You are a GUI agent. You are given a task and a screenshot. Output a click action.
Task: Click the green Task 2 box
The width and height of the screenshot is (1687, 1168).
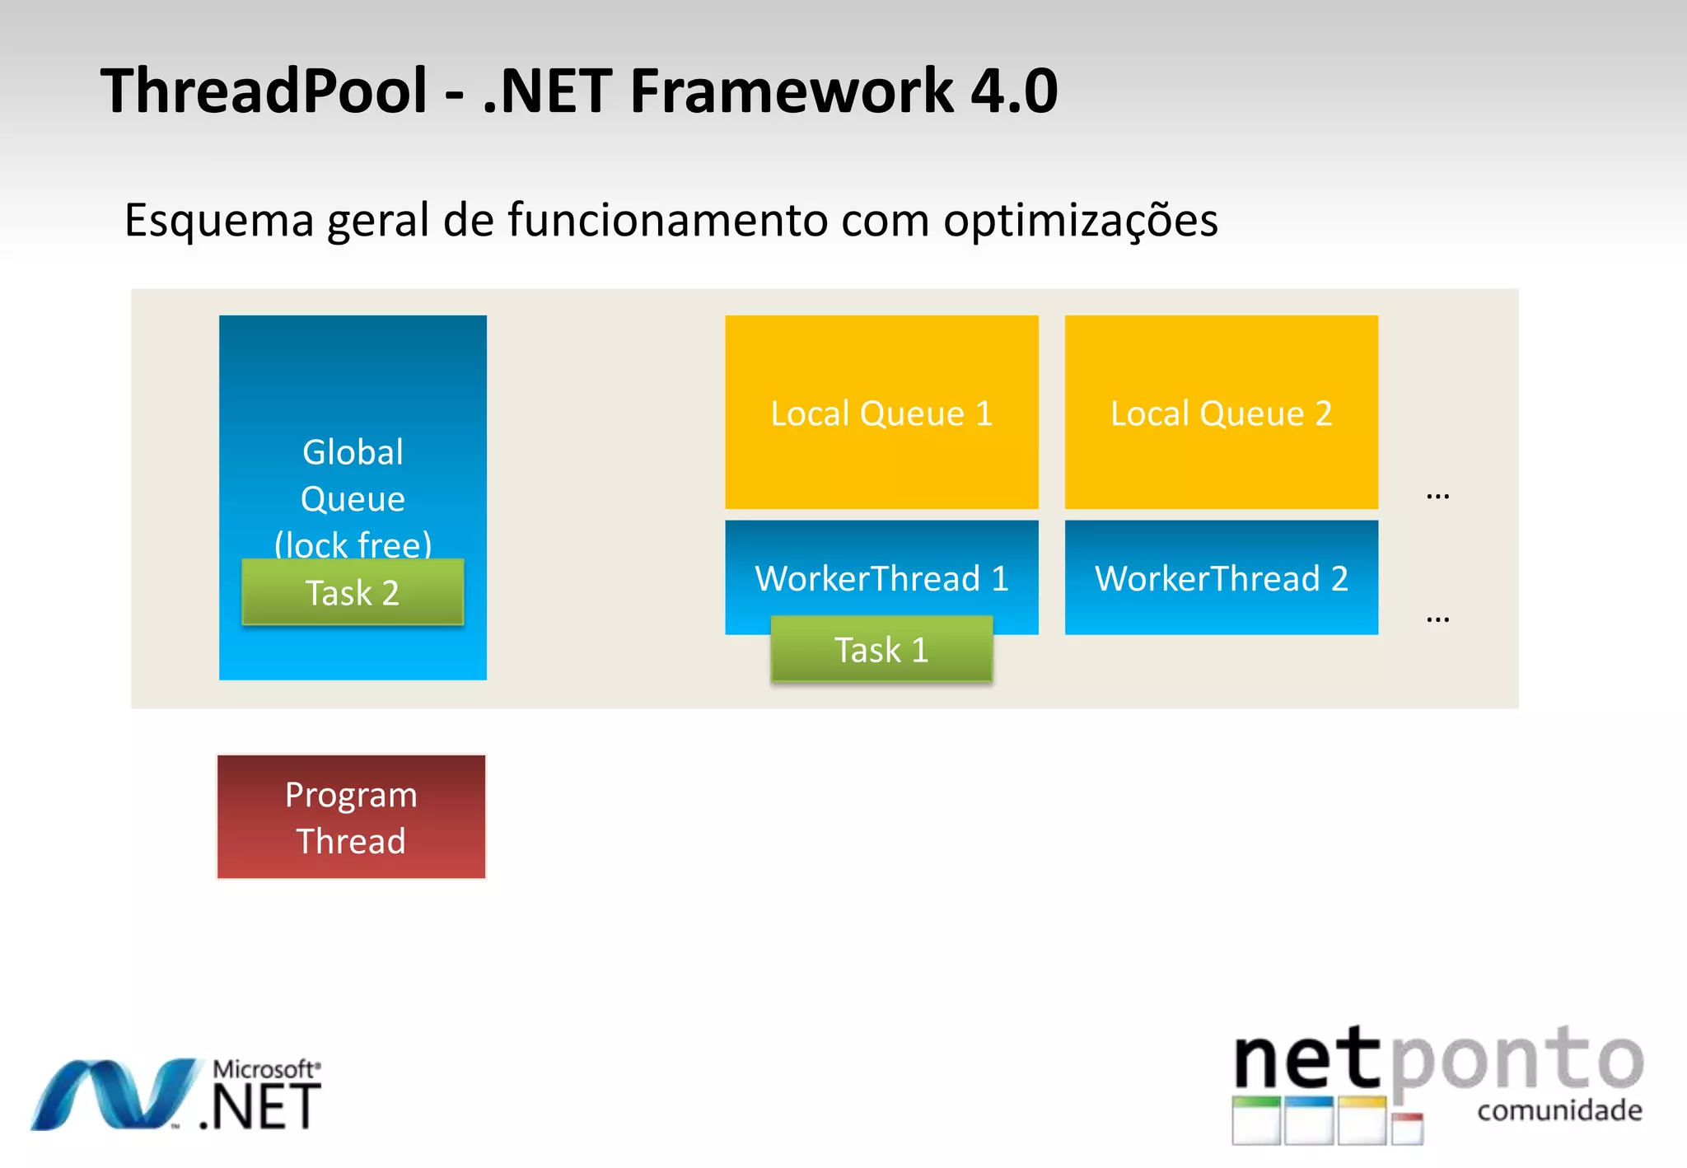pos(353,592)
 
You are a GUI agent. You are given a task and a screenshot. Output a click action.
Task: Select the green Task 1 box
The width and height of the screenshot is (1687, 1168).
pos(881,650)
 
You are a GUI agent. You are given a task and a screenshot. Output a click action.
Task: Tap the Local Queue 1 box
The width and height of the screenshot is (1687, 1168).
pos(881,413)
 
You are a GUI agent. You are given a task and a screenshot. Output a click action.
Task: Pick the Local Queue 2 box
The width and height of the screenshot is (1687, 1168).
pos(1221,413)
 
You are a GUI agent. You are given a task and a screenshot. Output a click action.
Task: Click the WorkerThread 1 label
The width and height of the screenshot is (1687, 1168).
pos(881,578)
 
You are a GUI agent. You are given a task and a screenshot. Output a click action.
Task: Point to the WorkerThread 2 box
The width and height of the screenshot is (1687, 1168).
pos(1221,577)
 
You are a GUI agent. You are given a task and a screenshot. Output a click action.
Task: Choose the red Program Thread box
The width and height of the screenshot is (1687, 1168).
pos(351,817)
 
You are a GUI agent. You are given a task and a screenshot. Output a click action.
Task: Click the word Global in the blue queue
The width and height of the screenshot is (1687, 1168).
pos(353,452)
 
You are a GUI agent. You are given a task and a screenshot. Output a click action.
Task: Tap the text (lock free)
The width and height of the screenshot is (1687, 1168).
pos(353,544)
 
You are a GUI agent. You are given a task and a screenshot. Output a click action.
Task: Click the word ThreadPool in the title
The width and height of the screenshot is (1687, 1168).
pos(264,90)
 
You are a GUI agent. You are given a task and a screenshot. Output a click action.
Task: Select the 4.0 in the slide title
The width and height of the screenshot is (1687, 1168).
pos(1014,90)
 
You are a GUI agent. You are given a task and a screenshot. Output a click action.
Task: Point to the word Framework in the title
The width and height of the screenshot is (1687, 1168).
pos(791,90)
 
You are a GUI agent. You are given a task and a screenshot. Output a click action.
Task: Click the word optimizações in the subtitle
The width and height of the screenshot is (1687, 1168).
pos(1080,221)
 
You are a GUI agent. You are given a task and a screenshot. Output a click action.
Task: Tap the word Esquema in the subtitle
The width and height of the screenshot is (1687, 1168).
pos(219,221)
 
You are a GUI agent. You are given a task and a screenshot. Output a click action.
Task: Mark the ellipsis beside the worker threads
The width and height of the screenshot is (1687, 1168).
pos(1437,619)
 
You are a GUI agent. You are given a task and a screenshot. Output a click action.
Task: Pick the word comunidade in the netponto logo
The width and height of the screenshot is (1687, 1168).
pos(1559,1110)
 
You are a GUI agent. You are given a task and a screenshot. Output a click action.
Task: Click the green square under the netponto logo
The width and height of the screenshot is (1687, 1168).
pos(1256,1121)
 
